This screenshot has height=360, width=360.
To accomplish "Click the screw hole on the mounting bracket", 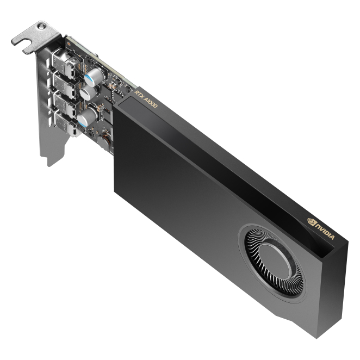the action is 41,27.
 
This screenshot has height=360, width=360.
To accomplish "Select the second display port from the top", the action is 66,84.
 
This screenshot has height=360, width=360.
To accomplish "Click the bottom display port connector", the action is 67,124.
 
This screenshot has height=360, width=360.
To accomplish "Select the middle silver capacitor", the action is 89,92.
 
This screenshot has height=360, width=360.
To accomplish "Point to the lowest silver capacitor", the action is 87,117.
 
